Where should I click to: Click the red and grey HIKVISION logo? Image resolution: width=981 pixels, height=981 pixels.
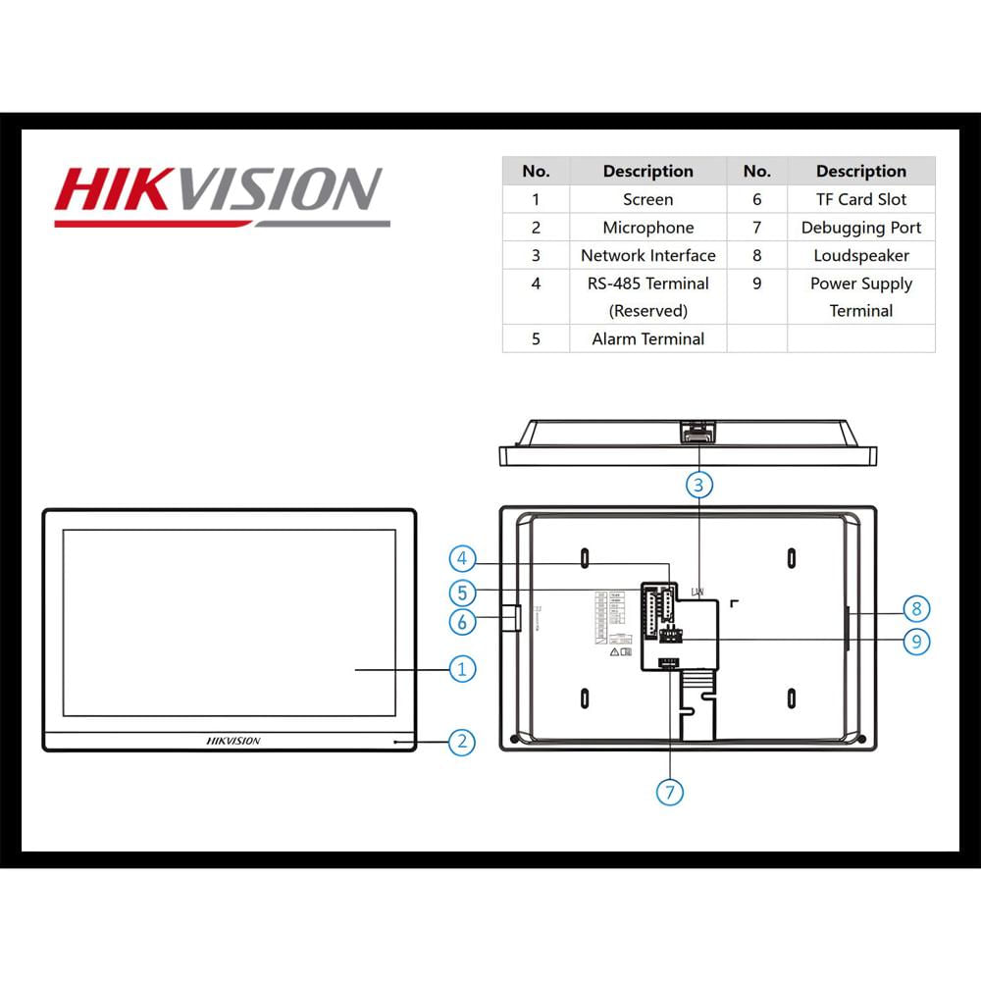pos(221,193)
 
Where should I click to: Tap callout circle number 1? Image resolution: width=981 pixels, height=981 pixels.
pos(462,669)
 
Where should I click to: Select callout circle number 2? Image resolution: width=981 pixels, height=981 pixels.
pos(462,742)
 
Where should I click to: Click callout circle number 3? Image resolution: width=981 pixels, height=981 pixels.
pos(698,484)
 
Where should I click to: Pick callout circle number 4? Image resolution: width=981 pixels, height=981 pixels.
pos(463,559)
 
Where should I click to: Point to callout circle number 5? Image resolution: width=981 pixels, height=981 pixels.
pos(463,593)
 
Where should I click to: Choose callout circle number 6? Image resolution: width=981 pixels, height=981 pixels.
pos(463,621)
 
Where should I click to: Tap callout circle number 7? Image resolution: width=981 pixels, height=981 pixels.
pos(670,792)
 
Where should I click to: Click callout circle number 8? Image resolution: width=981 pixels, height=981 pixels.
pos(915,608)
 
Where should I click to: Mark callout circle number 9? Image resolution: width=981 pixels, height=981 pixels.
pos(915,641)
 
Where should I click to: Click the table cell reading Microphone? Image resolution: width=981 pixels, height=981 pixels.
pos(647,228)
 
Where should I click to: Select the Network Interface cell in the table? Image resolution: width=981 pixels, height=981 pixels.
pos(647,255)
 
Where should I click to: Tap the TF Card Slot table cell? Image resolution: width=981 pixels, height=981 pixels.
pos(860,199)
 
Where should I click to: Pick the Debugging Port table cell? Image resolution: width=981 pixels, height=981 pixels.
pos(860,228)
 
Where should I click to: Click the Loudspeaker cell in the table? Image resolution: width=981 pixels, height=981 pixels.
pos(860,255)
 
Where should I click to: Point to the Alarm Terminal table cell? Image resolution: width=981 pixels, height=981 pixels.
pos(647,338)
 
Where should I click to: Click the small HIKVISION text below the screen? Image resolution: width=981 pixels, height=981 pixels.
pos(233,741)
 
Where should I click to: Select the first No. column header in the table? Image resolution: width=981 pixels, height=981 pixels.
pos(536,171)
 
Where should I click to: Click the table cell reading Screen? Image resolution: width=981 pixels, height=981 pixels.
pos(647,199)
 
